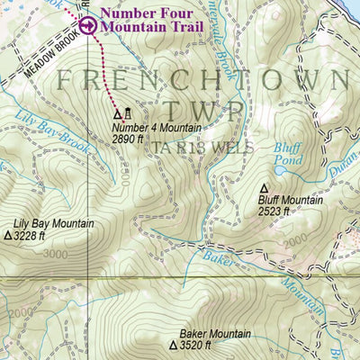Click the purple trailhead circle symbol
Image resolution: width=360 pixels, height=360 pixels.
tap(87, 26)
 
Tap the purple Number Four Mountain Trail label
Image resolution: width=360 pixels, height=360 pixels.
tap(151, 20)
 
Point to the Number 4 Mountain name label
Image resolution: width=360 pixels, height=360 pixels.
tap(150, 128)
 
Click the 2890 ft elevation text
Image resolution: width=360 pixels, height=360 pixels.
tap(131, 140)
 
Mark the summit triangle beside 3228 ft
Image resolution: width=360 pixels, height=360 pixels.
tap(9, 236)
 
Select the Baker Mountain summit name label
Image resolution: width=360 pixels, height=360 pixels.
tap(214, 334)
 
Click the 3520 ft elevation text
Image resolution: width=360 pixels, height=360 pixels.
tap(194, 346)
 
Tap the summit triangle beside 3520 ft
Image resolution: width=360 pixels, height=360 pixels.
tap(173, 346)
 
